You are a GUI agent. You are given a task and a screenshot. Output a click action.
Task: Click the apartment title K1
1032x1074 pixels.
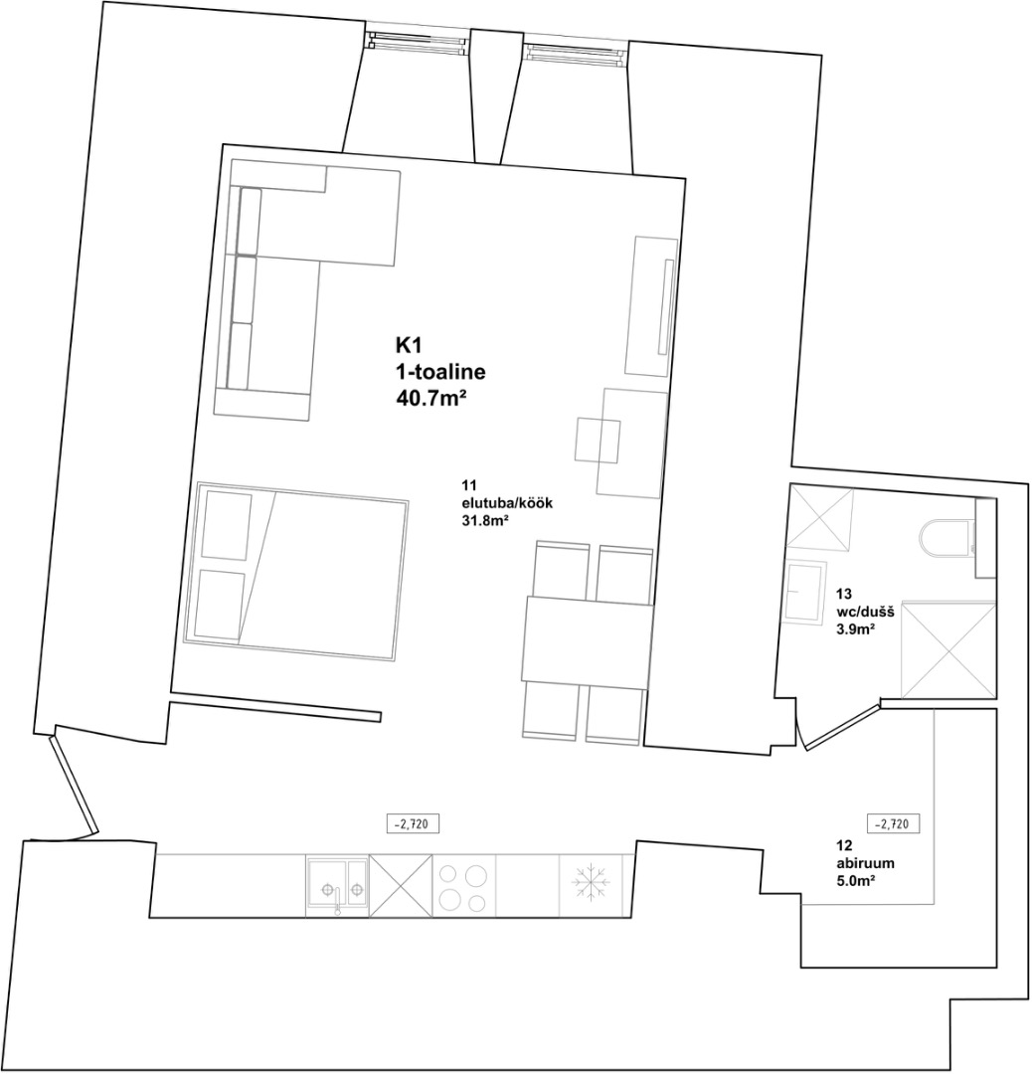[x=407, y=344]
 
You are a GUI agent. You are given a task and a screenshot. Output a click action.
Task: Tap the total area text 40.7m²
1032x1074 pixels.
[x=426, y=397]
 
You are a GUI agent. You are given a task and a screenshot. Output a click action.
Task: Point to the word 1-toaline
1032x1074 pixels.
[x=440, y=371]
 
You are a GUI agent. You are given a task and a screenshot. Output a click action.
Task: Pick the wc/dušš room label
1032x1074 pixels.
[x=865, y=612]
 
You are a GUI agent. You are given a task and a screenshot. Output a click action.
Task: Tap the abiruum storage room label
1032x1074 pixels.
[x=865, y=864]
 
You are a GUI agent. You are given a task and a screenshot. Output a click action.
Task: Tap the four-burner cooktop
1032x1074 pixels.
[x=463, y=886]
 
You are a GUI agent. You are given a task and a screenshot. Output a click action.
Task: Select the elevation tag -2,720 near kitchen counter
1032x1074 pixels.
[x=413, y=824]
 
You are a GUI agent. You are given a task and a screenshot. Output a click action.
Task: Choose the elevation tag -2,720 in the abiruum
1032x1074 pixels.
[x=893, y=824]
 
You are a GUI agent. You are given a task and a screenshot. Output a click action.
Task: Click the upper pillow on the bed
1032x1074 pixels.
[x=226, y=525]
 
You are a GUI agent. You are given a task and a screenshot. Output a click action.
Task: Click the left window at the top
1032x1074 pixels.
[x=418, y=45]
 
